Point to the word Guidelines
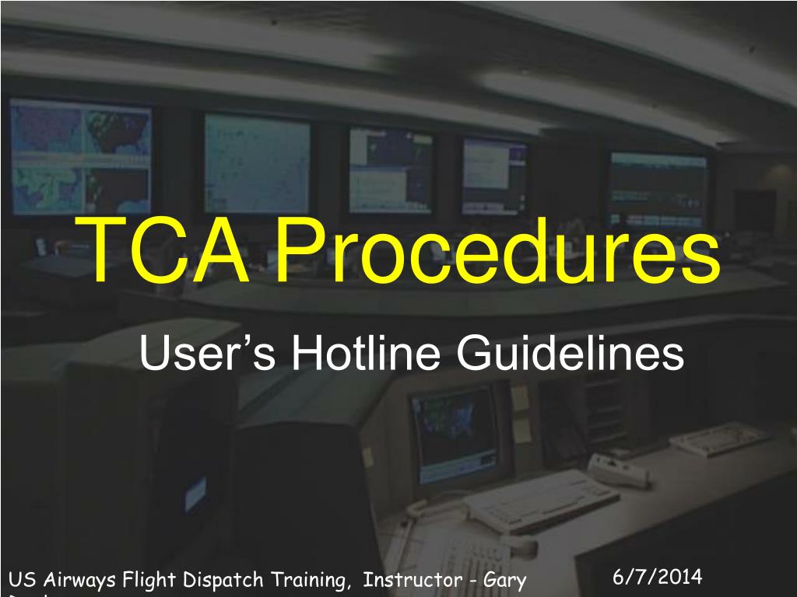(570, 354)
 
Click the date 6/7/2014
(657, 577)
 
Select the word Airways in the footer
(79, 580)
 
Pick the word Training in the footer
(308, 580)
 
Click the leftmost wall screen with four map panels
(80, 156)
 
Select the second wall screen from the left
(256, 162)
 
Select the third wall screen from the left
(391, 169)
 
